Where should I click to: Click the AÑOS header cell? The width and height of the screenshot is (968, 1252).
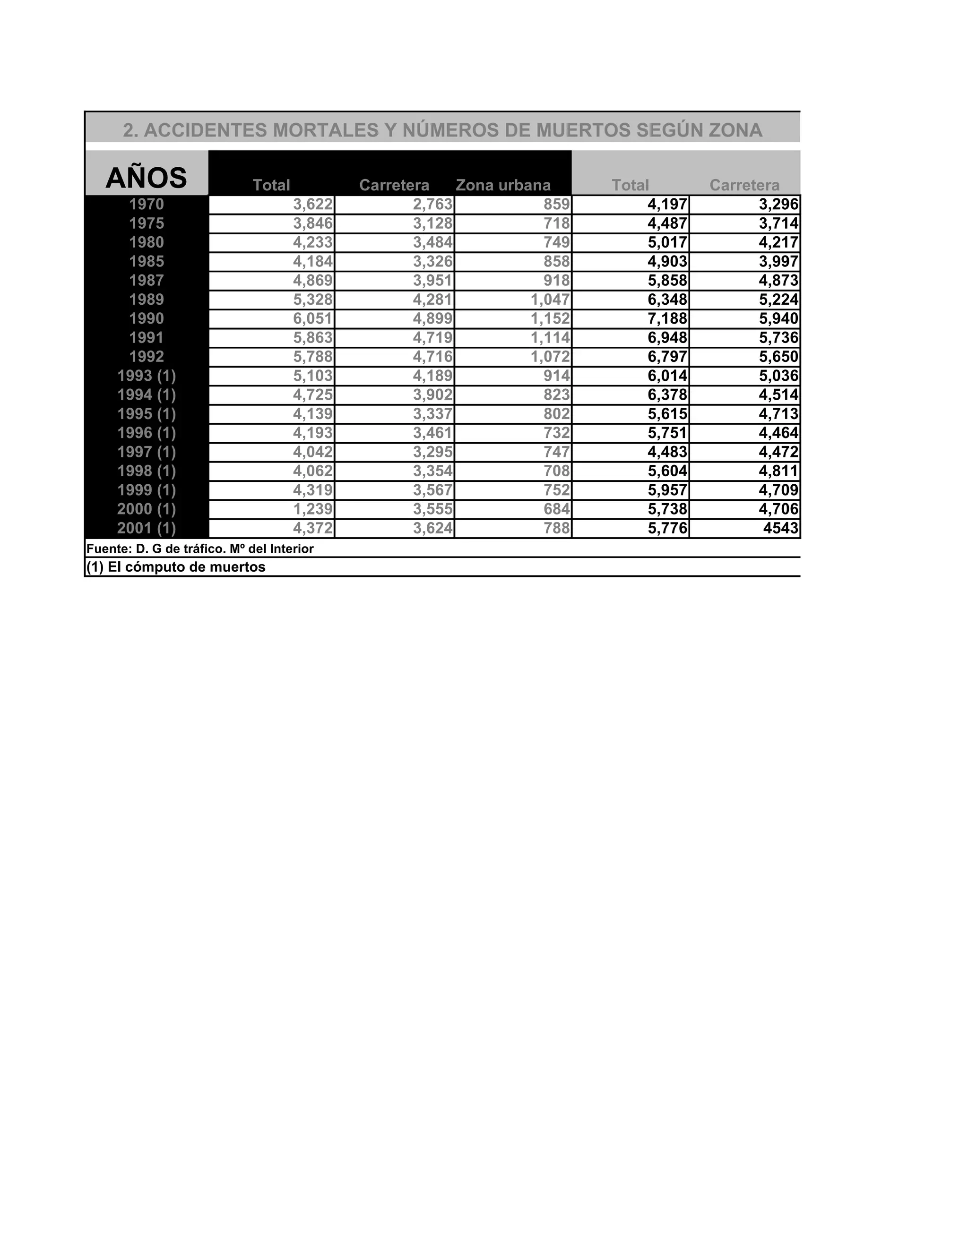pos(146,178)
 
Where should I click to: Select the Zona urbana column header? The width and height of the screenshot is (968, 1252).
pos(503,185)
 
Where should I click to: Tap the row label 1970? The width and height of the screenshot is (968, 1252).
pos(146,205)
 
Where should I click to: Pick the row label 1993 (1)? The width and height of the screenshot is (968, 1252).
pos(146,376)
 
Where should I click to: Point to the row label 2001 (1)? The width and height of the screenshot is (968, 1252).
pos(146,528)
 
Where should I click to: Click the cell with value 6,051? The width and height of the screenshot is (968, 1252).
pos(312,319)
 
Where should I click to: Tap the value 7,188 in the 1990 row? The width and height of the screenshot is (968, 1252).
pos(667,319)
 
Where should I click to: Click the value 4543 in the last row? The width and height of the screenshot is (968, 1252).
pos(780,528)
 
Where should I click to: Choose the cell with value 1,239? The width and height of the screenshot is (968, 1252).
pos(312,509)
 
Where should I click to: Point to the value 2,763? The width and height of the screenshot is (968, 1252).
pos(432,205)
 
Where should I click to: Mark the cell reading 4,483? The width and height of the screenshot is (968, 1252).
pos(667,452)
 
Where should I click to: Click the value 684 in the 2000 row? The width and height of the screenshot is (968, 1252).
pos(556,509)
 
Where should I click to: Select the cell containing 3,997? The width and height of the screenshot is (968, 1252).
pos(778,261)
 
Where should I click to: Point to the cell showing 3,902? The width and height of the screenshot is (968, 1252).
pos(432,395)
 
